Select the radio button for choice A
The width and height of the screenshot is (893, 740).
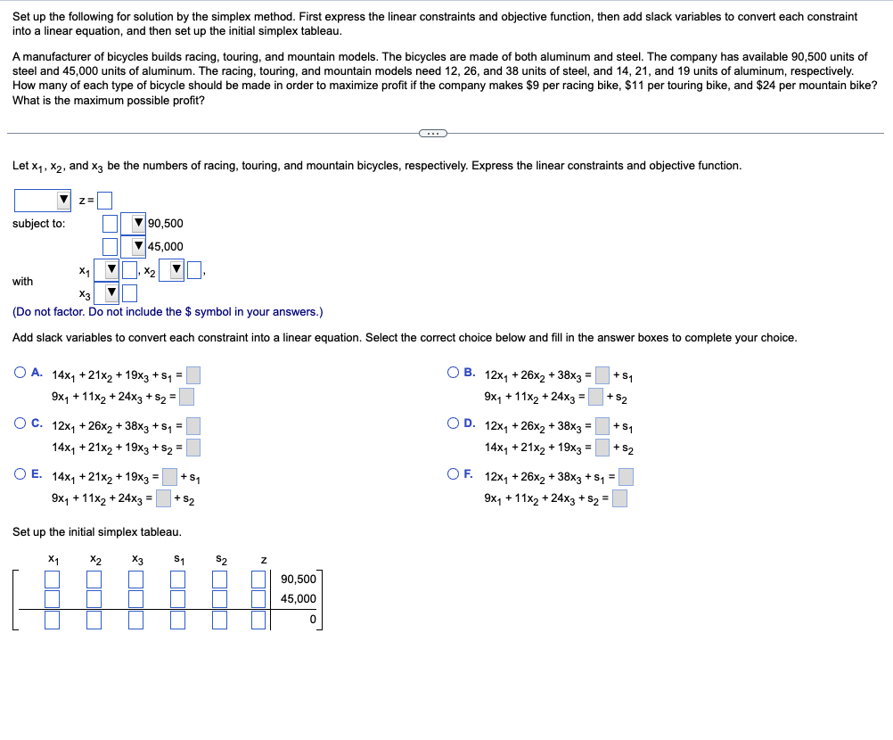point(20,374)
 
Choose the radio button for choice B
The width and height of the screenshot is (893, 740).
point(455,374)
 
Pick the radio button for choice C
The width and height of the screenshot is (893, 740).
point(20,425)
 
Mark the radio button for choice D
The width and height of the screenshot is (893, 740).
point(455,425)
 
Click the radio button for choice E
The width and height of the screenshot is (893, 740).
point(20,476)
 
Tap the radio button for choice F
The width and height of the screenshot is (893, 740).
point(455,476)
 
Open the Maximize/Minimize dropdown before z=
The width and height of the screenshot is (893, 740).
point(43,200)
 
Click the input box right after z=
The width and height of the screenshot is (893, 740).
point(105,200)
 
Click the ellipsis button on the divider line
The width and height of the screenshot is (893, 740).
point(432,134)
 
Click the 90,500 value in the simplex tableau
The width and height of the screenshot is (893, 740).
point(299,580)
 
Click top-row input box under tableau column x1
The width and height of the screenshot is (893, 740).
point(53,580)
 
